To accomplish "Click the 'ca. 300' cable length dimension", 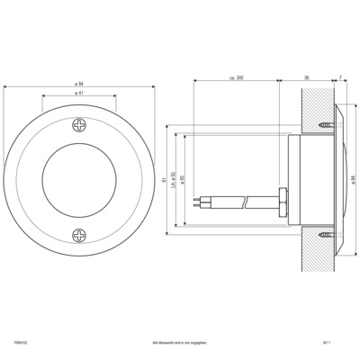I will click(x=237, y=78).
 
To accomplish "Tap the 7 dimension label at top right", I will click(x=339, y=78).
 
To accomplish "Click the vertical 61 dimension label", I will click(x=165, y=179).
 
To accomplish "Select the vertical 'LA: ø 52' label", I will click(x=174, y=179).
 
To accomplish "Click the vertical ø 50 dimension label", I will click(x=183, y=179).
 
